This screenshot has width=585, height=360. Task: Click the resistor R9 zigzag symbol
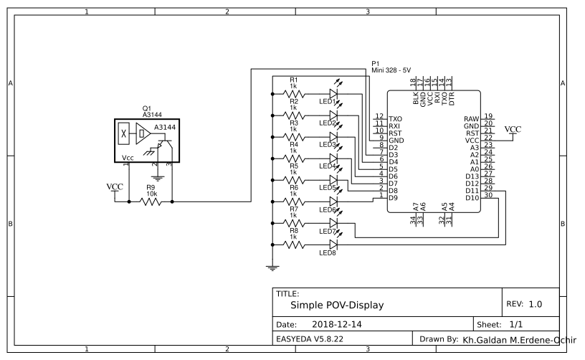tap(151, 202)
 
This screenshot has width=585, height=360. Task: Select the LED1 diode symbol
tap(333, 93)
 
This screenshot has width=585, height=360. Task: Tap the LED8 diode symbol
tap(333, 245)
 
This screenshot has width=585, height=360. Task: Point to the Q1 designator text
tap(147, 108)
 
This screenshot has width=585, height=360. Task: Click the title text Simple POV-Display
tap(336, 305)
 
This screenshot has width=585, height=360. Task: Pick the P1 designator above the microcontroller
tap(375, 64)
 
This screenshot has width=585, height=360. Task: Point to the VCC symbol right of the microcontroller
tap(513, 130)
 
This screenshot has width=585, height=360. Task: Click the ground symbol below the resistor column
tap(272, 268)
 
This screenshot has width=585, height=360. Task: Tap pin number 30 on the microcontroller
tap(487, 195)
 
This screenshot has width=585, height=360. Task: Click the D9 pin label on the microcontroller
tap(393, 197)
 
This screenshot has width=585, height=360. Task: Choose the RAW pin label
tap(471, 118)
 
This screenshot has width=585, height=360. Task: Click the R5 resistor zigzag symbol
tap(294, 180)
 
